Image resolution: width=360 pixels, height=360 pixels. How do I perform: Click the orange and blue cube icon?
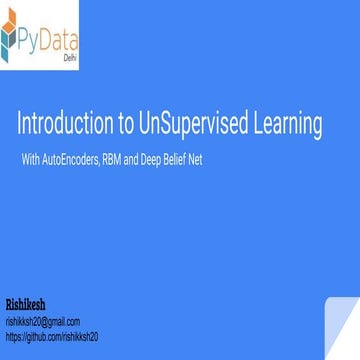14,37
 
